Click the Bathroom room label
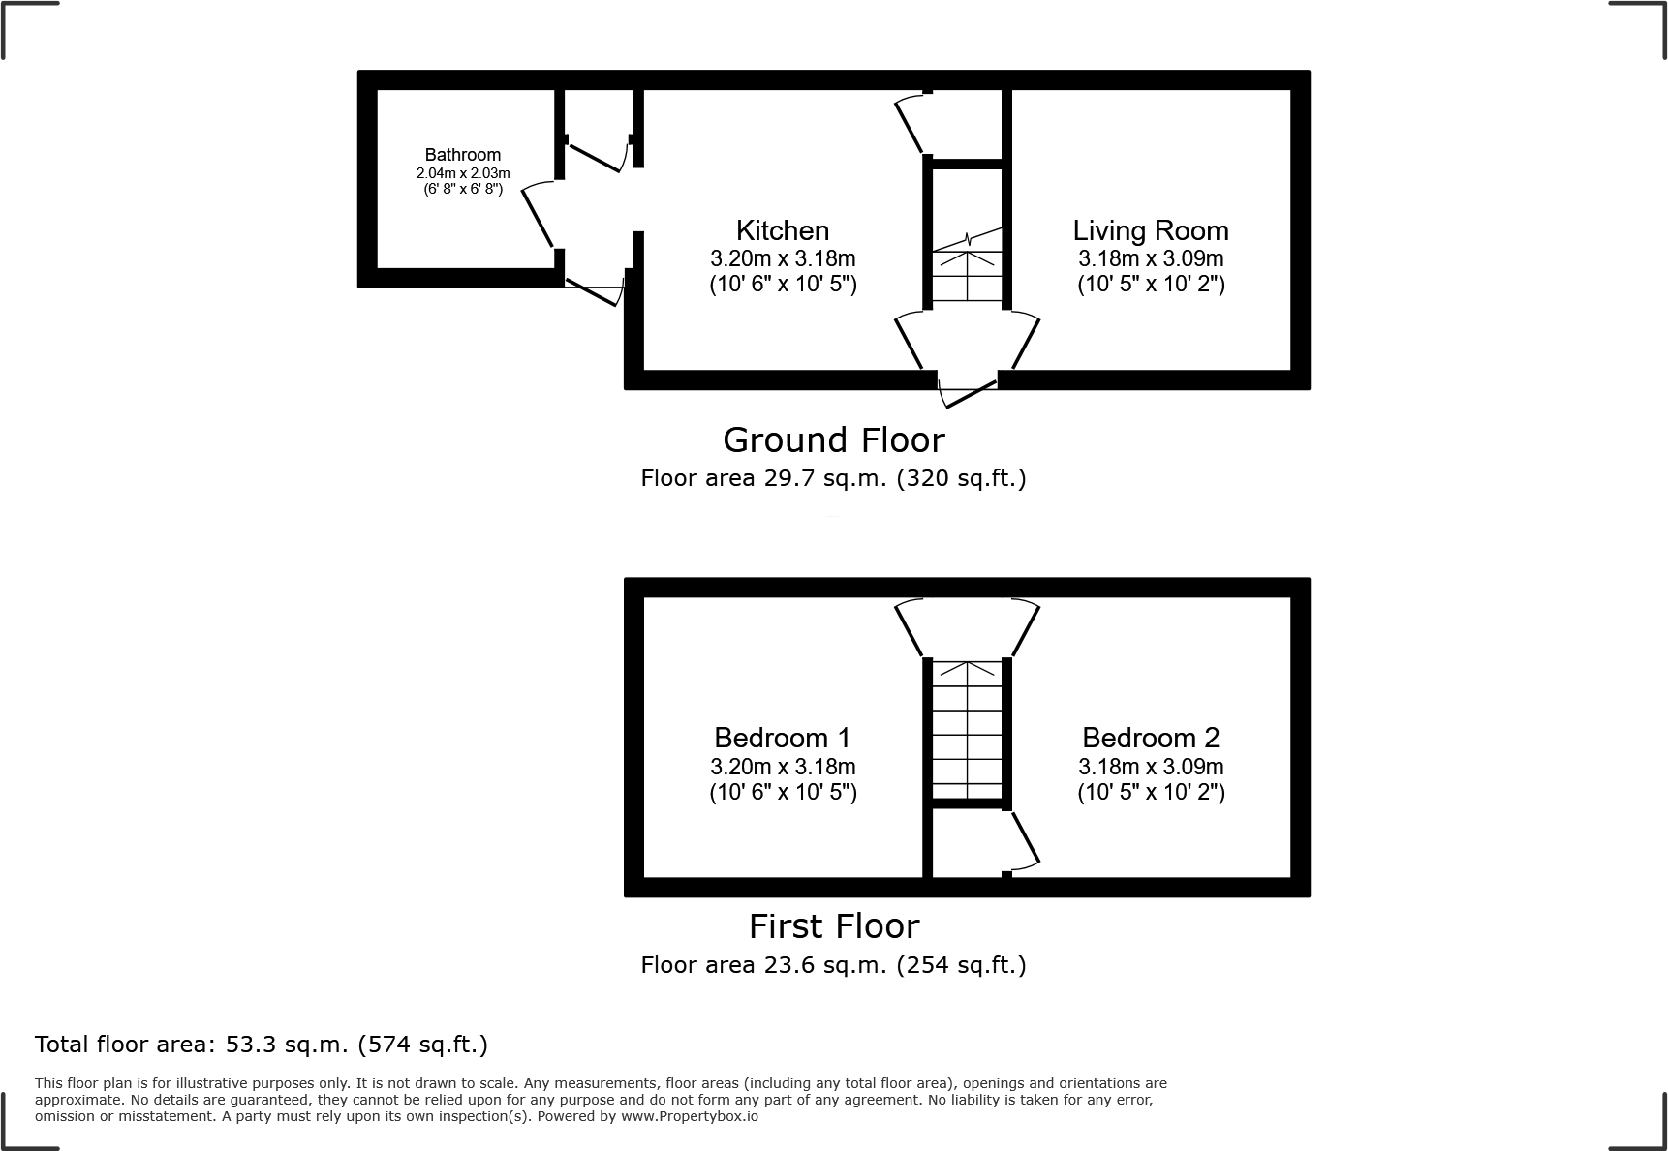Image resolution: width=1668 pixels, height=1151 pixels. pos(463,155)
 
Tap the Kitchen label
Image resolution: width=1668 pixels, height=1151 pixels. pos(783,230)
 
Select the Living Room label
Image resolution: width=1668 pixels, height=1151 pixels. pos(1151,230)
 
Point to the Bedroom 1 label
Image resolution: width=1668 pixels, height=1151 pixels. pos(783,738)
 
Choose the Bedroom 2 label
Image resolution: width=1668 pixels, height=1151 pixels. pos(1151,738)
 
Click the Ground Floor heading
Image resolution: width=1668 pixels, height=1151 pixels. pos(833,440)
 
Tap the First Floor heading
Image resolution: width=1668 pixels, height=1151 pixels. pos(833,926)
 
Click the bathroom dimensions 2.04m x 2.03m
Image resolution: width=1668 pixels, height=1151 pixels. pos(463,173)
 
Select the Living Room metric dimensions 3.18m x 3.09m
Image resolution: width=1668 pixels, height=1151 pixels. pos(1151,258)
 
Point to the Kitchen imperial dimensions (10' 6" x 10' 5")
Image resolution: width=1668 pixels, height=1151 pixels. pos(783,285)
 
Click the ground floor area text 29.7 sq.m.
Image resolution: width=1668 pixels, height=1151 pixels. pos(833,478)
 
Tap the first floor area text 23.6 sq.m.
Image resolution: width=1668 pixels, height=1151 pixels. pos(833,965)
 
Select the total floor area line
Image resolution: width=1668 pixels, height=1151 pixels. pos(262,1045)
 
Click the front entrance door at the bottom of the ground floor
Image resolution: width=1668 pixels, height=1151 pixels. pos(968,393)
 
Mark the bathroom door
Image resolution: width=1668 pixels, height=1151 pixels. pos(538,217)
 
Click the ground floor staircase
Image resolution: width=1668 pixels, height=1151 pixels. pos(967,271)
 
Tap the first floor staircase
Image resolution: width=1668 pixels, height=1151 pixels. pos(967,731)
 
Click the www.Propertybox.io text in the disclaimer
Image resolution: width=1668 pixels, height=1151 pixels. pos(690,1116)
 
